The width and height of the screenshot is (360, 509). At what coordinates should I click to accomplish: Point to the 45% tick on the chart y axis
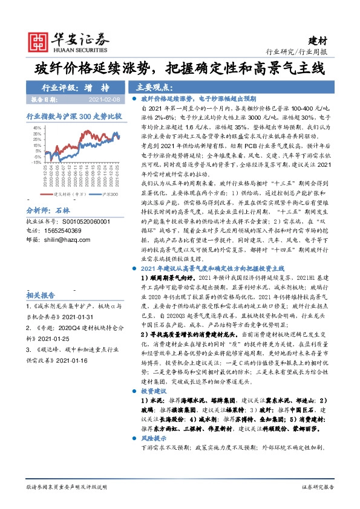[37, 128]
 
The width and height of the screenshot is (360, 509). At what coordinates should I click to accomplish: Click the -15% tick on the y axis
[36, 163]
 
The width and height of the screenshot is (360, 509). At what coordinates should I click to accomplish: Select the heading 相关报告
[41, 295]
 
